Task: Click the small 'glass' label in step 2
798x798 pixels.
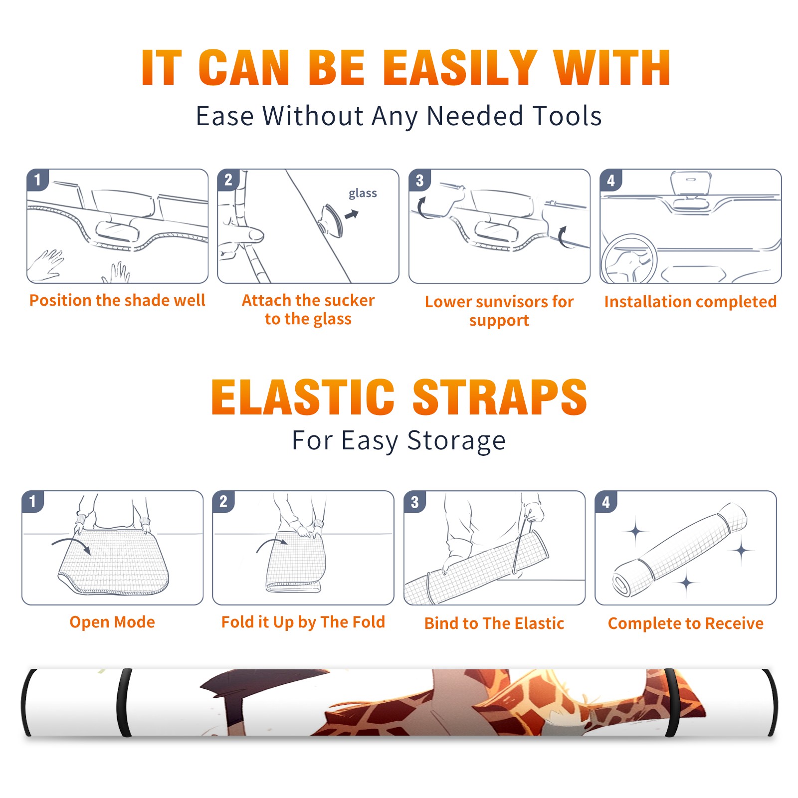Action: (363, 193)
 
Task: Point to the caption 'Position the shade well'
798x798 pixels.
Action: (117, 300)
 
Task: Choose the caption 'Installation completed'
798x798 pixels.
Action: (690, 301)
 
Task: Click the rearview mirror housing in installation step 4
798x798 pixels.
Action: (691, 183)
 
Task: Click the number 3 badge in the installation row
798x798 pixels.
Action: (419, 180)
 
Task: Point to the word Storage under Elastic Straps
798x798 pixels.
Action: (456, 440)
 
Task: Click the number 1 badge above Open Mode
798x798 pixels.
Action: (33, 501)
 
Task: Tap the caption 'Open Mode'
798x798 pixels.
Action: (112, 622)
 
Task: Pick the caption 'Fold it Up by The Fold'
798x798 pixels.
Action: (303, 622)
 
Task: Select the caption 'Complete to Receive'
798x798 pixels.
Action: (686, 623)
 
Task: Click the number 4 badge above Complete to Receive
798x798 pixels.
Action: (606, 502)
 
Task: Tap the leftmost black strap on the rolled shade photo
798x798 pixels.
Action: (25, 702)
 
